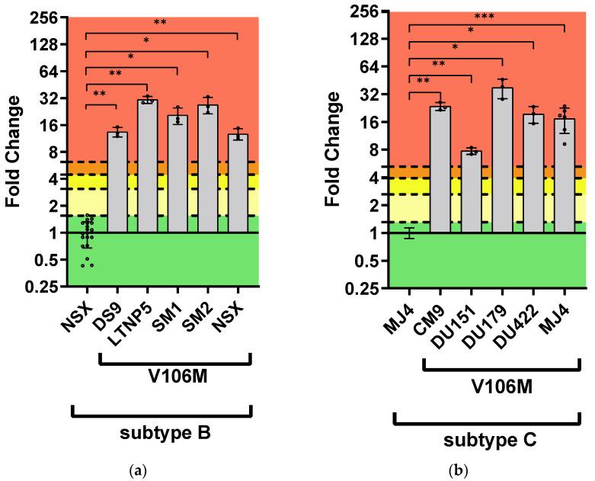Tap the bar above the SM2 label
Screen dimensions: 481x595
point(208,168)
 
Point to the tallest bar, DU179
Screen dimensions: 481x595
point(502,159)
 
